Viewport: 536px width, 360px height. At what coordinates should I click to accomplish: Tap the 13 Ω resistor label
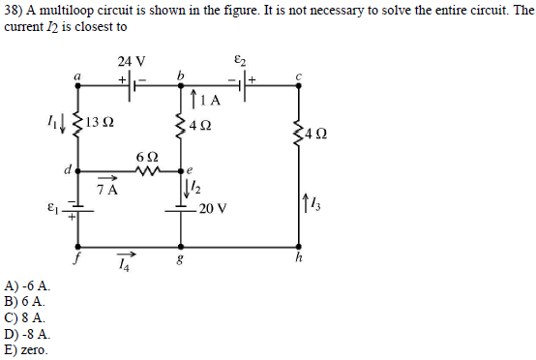click(100, 123)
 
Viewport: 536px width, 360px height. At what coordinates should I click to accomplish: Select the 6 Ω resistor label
click(147, 157)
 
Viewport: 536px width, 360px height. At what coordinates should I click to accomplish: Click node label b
click(179, 75)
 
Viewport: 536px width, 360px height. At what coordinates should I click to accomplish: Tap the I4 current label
click(122, 264)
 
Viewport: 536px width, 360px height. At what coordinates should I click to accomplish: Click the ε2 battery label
click(242, 59)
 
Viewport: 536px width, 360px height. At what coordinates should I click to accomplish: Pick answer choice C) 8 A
click(25, 316)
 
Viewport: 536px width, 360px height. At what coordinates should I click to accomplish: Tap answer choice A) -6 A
click(28, 286)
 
